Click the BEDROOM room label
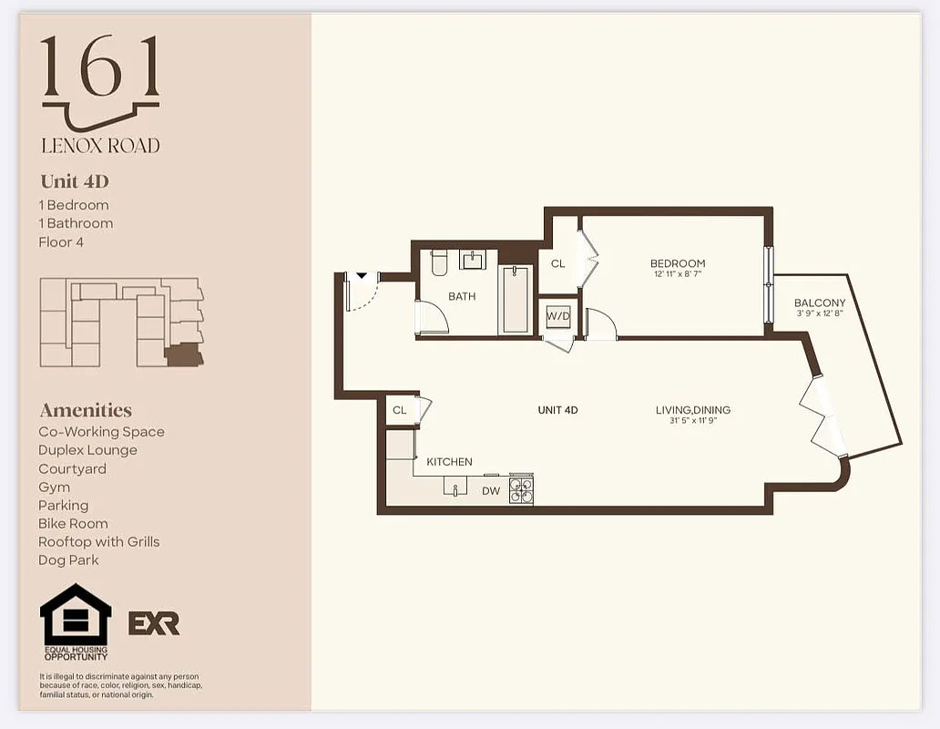(x=678, y=263)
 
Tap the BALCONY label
(x=820, y=303)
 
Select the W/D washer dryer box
(x=557, y=315)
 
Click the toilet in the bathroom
(x=438, y=263)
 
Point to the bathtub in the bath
(x=516, y=300)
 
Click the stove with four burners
(x=521, y=490)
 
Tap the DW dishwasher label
(x=491, y=491)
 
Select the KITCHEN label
(x=449, y=462)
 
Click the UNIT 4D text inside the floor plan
(x=557, y=410)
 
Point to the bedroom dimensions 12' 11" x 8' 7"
(x=678, y=274)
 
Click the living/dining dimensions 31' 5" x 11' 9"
(x=692, y=421)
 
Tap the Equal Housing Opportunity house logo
(x=76, y=616)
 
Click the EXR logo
(x=154, y=623)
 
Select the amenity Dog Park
(x=68, y=560)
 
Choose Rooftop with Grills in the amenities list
(x=98, y=542)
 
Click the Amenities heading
(x=86, y=410)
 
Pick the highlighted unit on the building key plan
(x=184, y=354)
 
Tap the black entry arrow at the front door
(x=361, y=274)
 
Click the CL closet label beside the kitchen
(x=399, y=410)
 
